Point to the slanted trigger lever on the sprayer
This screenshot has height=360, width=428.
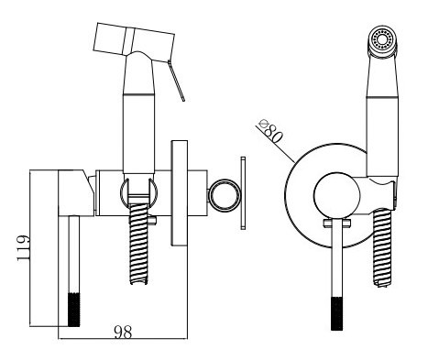click(176, 77)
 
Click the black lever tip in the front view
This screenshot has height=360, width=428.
click(337, 311)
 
